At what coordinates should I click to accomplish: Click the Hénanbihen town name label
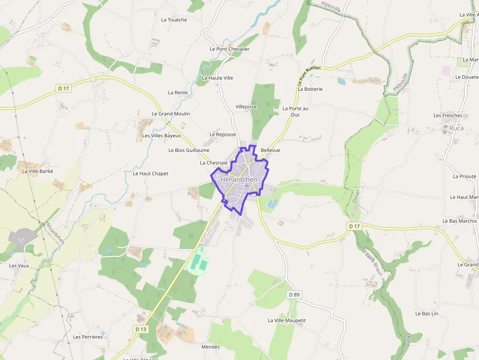click(239, 179)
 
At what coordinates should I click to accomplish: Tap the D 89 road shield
click(294, 295)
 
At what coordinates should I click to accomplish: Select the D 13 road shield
click(141, 329)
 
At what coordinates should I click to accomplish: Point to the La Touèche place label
click(174, 20)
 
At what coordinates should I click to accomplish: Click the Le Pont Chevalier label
click(230, 49)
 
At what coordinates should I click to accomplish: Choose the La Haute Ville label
click(218, 78)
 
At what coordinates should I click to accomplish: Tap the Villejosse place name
click(246, 106)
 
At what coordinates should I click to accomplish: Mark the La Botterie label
click(310, 89)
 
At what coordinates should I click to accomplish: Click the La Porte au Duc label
click(296, 111)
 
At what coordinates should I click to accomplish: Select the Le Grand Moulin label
click(171, 113)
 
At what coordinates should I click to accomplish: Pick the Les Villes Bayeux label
click(161, 135)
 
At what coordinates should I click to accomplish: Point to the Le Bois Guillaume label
click(189, 150)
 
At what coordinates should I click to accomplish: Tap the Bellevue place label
click(270, 150)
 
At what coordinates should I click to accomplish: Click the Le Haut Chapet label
click(151, 173)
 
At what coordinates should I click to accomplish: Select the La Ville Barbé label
click(38, 171)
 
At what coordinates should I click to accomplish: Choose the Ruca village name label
click(457, 128)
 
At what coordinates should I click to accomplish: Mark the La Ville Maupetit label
click(287, 320)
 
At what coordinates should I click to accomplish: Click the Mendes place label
click(211, 347)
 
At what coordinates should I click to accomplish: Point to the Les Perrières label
click(88, 337)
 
